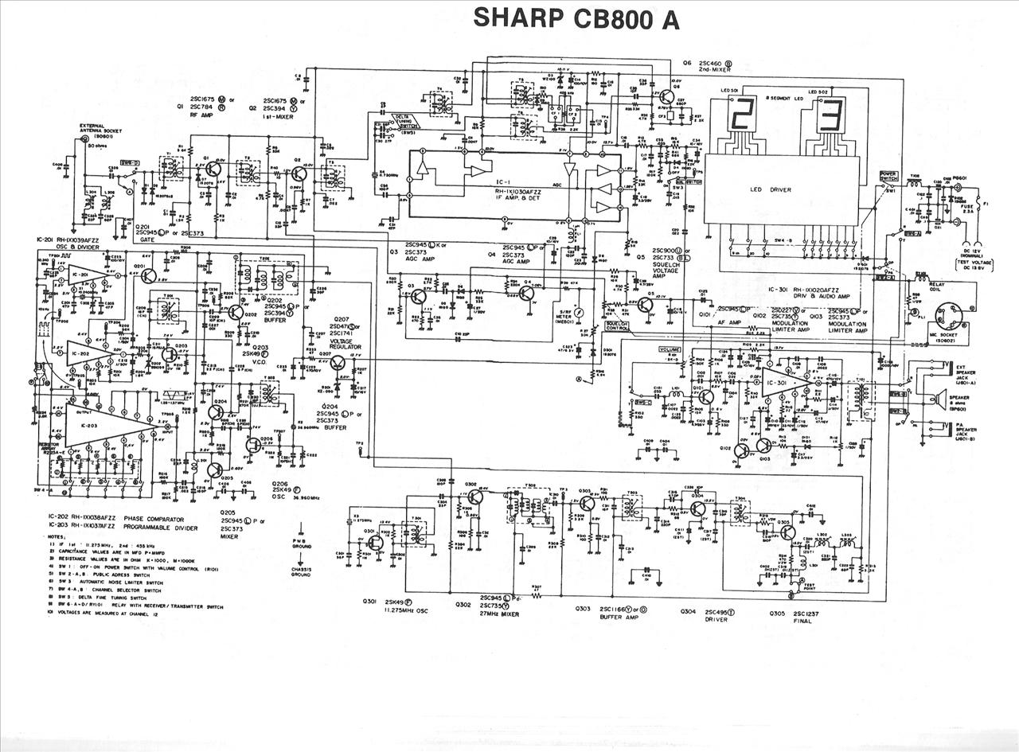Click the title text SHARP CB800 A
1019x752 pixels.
coord(576,19)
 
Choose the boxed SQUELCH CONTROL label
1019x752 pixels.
coord(618,326)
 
